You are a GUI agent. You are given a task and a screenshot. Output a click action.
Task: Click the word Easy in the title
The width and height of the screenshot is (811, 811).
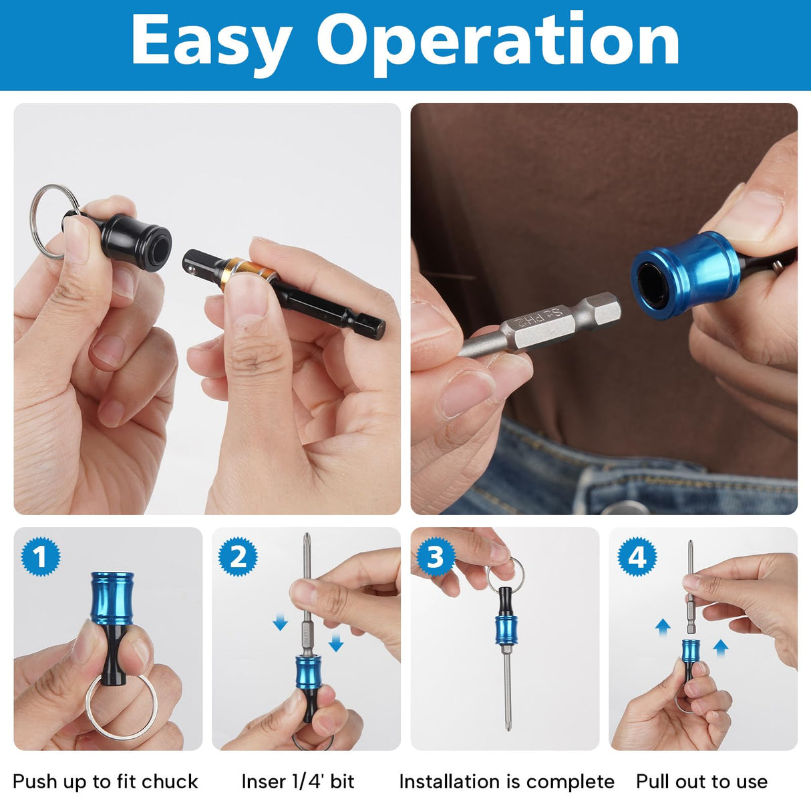click(x=211, y=41)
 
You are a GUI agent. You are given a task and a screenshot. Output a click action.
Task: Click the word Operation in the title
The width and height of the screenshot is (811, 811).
click(x=498, y=41)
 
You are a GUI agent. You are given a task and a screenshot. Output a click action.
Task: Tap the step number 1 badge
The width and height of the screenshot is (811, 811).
click(x=41, y=556)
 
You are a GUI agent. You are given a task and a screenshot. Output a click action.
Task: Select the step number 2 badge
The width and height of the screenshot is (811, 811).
click(x=238, y=556)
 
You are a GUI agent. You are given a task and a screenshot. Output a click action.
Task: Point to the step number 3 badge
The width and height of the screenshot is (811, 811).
click(x=436, y=556)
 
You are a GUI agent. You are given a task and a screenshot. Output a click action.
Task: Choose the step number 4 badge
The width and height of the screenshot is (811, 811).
click(x=637, y=556)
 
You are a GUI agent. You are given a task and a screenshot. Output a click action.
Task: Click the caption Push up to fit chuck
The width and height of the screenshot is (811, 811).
click(x=106, y=782)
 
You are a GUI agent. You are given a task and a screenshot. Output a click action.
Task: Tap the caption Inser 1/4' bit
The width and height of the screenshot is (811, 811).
click(x=298, y=782)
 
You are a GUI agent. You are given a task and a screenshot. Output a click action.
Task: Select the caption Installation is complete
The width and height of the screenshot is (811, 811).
click(x=506, y=782)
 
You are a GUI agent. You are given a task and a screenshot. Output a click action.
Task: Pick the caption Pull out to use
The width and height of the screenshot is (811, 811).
click(x=701, y=782)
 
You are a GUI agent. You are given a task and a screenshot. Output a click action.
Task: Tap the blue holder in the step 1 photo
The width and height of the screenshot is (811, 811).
click(x=112, y=598)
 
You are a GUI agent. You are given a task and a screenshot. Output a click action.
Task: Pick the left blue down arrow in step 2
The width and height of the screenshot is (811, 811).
click(x=280, y=623)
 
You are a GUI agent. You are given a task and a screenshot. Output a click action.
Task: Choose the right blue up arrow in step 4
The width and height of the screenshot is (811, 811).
click(x=720, y=646)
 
